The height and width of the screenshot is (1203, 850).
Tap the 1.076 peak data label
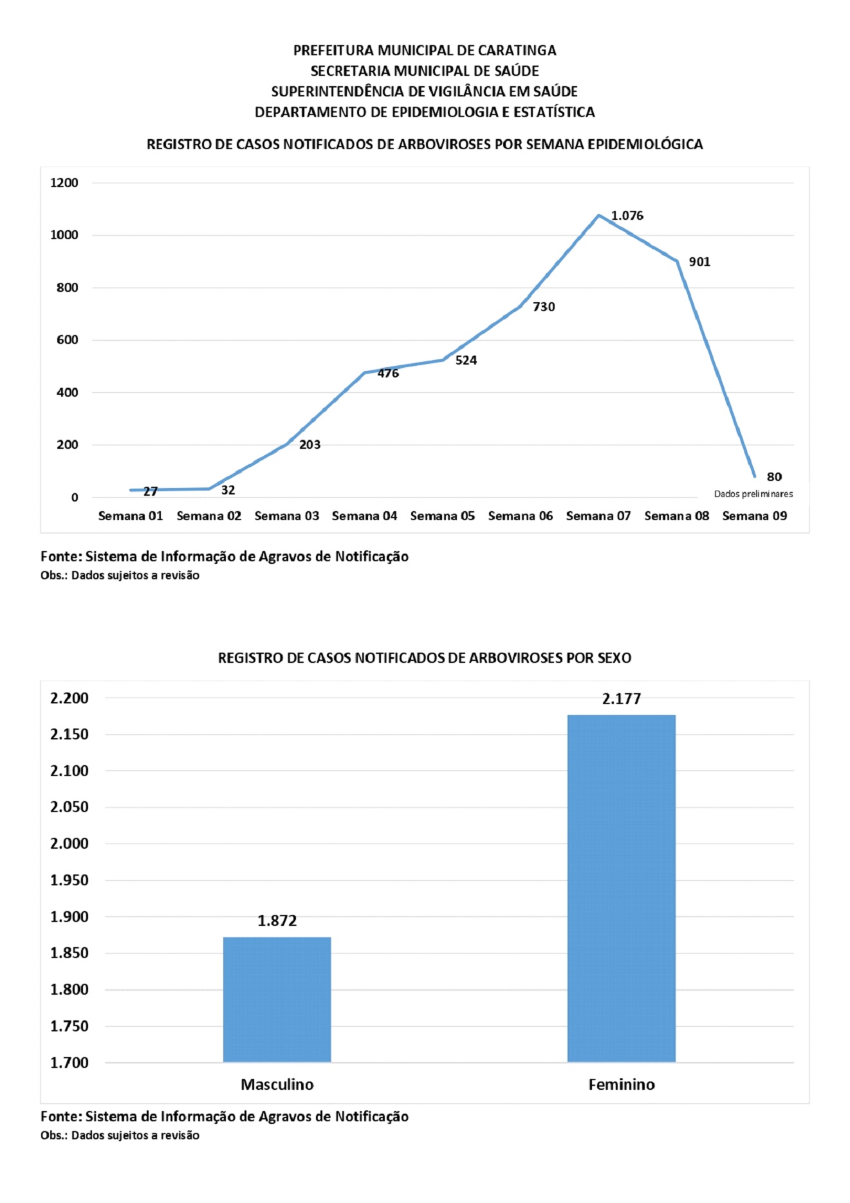[x=627, y=215]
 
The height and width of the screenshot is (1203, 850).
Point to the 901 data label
[x=699, y=262]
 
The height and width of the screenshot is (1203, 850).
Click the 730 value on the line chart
[x=544, y=307]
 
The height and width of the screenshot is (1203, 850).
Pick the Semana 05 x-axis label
[x=442, y=516]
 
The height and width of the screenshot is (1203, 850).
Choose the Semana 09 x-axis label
[x=754, y=516]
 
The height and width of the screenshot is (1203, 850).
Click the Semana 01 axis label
[x=131, y=516]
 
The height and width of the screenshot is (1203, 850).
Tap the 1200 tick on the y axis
[x=64, y=183]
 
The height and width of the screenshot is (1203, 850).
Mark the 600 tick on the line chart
[x=67, y=339]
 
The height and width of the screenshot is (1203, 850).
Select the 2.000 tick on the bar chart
[x=69, y=844]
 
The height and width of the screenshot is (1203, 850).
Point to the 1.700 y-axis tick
[x=69, y=1063]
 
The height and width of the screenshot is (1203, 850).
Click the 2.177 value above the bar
[x=622, y=699]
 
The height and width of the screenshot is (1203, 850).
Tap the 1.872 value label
[x=277, y=921]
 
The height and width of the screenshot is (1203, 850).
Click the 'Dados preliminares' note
[x=753, y=494]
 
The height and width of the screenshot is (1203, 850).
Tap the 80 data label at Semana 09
[x=774, y=476]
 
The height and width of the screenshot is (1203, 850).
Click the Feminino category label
[x=622, y=1085]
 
